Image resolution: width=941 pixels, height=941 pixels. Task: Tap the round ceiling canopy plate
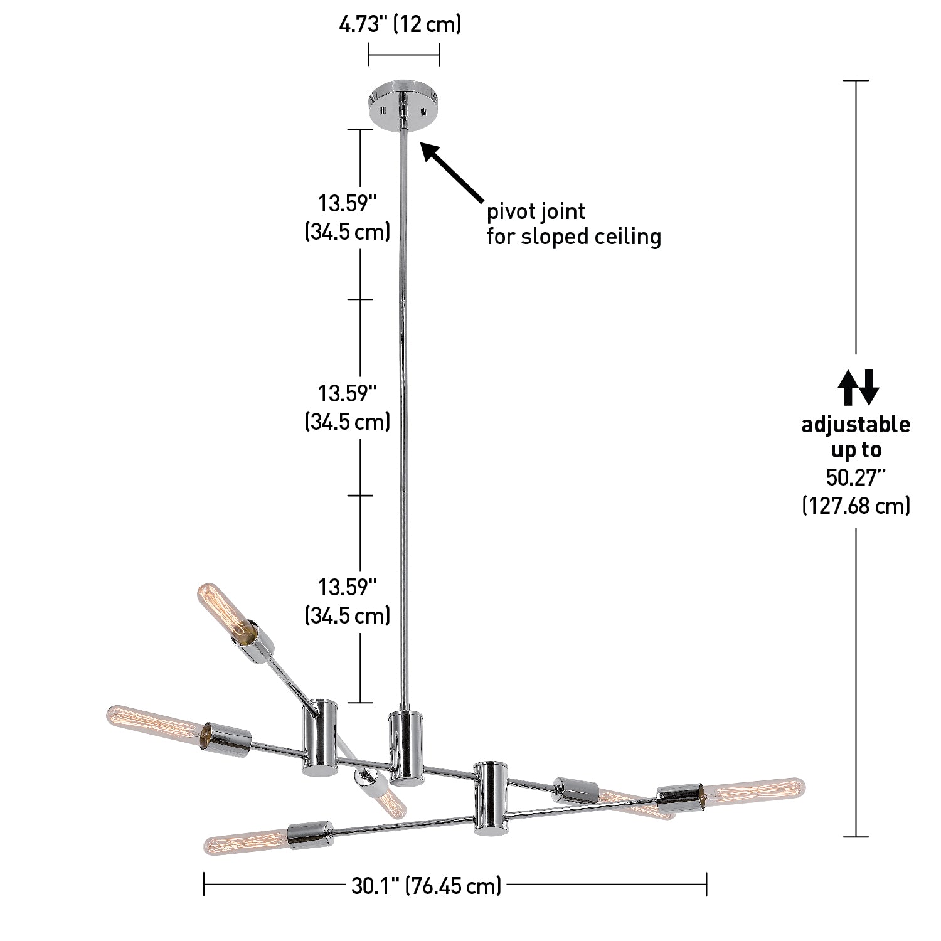[x=403, y=103]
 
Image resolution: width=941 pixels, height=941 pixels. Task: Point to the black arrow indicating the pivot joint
[x=452, y=170]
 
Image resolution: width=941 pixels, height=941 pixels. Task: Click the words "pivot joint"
[x=536, y=211]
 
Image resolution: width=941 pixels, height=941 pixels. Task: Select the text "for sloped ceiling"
[x=574, y=237]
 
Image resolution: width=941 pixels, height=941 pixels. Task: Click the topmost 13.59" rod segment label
[x=348, y=218]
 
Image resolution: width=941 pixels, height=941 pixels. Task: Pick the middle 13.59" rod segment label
[x=348, y=408]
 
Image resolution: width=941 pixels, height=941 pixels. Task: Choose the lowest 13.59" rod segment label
[x=348, y=602]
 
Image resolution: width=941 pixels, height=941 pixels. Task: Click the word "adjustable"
[x=856, y=425]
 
